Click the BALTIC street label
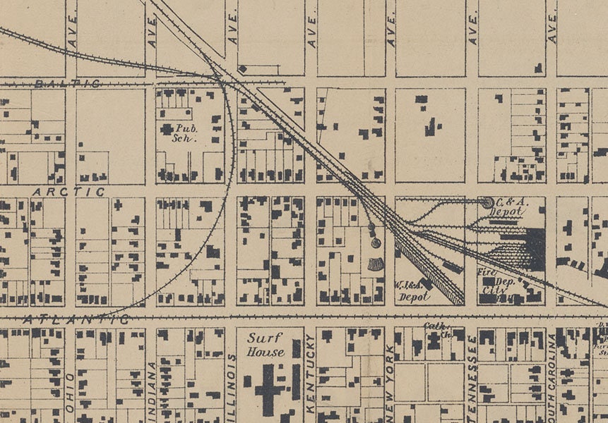click(67, 83)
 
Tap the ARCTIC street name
click(68, 191)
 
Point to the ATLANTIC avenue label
click(76, 319)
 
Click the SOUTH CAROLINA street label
click(552, 374)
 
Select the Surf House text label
click(266, 345)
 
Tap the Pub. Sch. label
click(188, 133)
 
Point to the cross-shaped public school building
click(167, 129)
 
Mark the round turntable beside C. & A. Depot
click(487, 202)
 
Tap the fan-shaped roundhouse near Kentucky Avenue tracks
click(376, 264)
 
